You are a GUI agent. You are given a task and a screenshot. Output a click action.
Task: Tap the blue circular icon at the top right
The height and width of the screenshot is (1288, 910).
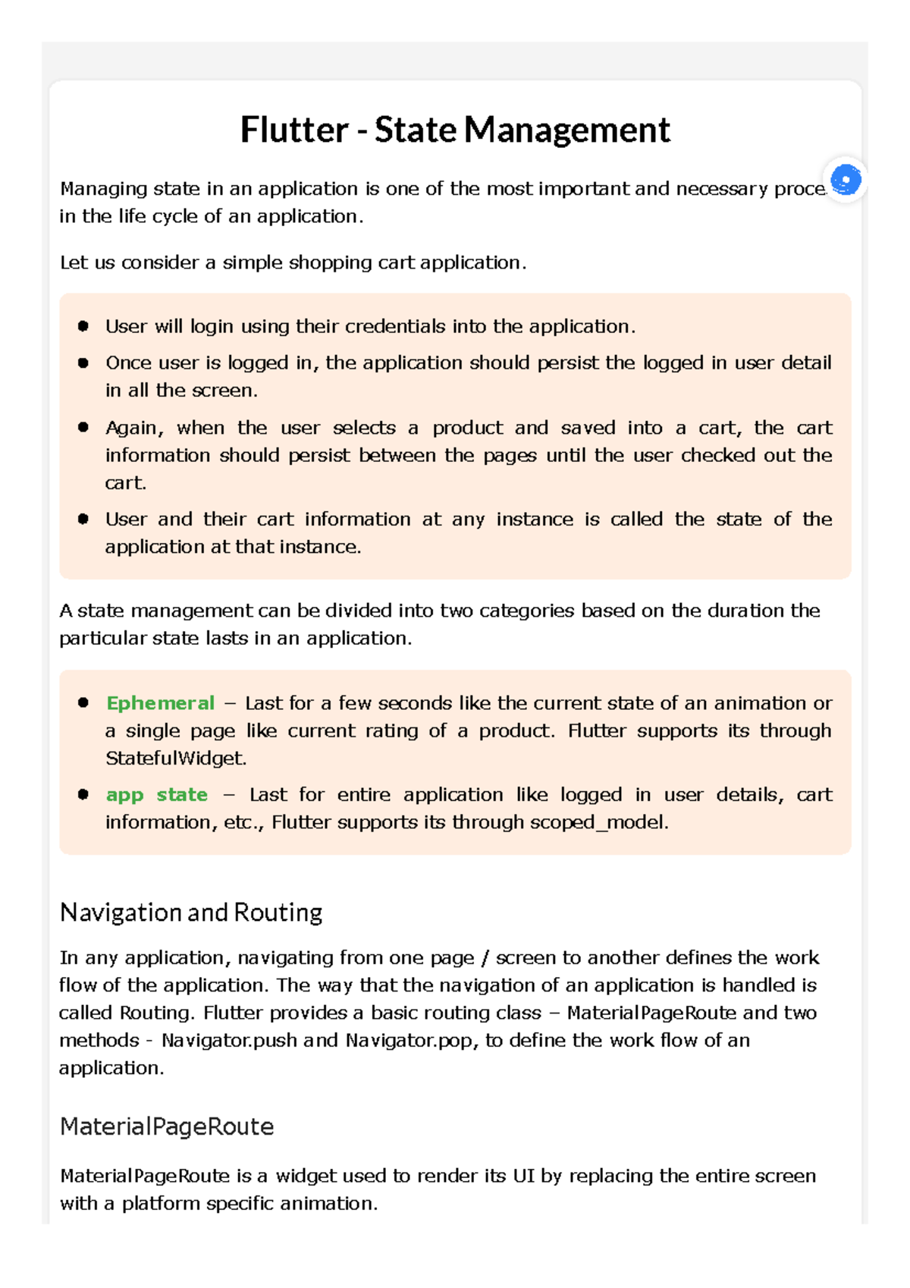click(846, 181)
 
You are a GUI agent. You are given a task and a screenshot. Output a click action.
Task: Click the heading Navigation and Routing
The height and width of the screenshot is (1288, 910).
click(191, 912)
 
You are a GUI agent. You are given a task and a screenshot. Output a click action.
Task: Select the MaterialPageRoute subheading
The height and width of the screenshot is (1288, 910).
click(167, 1126)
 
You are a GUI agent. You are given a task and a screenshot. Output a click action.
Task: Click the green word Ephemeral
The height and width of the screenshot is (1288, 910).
click(160, 703)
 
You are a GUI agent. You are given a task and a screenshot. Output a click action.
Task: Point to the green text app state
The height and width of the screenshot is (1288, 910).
click(156, 794)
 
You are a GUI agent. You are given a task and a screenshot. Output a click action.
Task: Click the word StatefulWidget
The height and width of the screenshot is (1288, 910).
click(175, 759)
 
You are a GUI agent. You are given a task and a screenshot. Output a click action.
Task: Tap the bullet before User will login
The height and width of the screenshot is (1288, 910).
click(83, 326)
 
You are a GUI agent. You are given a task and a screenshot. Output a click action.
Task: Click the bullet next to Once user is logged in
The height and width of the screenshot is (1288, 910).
click(83, 363)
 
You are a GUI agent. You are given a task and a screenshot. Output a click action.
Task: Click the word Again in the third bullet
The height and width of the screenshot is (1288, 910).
click(133, 428)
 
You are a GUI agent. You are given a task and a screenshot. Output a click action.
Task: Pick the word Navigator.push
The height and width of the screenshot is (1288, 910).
click(229, 1040)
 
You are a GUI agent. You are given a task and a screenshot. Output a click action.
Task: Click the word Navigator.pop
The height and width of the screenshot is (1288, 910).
click(411, 1040)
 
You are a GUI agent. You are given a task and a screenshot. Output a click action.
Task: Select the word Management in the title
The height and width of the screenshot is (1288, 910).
click(566, 130)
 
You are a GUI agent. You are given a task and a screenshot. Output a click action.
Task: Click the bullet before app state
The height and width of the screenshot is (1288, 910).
click(83, 794)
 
